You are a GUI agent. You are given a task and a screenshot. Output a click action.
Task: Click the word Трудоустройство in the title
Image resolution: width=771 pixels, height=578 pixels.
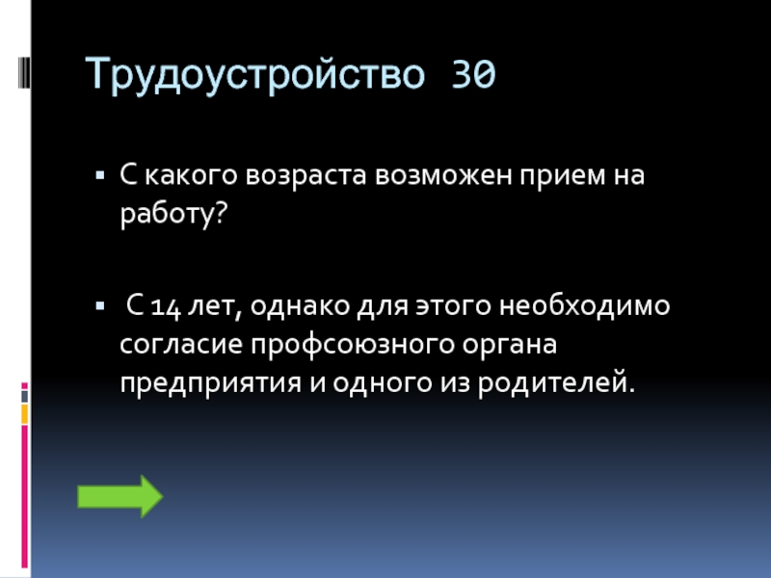tap(254, 74)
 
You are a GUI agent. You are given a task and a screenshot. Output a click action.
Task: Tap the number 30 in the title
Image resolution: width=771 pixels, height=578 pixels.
tap(473, 74)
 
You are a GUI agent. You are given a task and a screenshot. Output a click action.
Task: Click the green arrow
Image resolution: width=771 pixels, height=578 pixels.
tap(120, 496)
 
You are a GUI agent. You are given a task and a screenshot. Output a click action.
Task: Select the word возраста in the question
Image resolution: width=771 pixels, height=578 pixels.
tap(306, 175)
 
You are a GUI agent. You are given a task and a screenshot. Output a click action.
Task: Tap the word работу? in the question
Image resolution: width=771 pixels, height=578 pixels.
tap(173, 213)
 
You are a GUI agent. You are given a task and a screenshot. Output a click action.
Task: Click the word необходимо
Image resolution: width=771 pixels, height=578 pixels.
tap(585, 304)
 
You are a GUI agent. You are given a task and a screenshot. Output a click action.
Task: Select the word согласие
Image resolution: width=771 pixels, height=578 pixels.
tap(181, 344)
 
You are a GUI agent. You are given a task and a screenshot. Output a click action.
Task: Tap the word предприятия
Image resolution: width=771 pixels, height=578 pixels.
tap(210, 383)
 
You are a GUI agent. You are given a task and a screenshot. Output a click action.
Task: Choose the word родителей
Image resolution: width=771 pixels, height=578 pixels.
tap(556, 383)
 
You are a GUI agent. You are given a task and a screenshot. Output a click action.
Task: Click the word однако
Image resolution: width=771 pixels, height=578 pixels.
tap(300, 305)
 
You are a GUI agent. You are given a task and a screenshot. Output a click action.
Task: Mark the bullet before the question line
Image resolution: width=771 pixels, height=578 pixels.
tap(100, 175)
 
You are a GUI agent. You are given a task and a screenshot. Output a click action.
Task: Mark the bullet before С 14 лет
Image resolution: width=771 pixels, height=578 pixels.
tap(100, 306)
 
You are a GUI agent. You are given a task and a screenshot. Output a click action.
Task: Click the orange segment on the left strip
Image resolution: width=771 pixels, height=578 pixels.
tap(25, 414)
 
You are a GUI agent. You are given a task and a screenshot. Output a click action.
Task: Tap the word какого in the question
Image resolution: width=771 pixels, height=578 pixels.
tap(191, 175)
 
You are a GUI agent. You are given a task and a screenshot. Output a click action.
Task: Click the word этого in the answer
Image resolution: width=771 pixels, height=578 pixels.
tap(453, 305)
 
